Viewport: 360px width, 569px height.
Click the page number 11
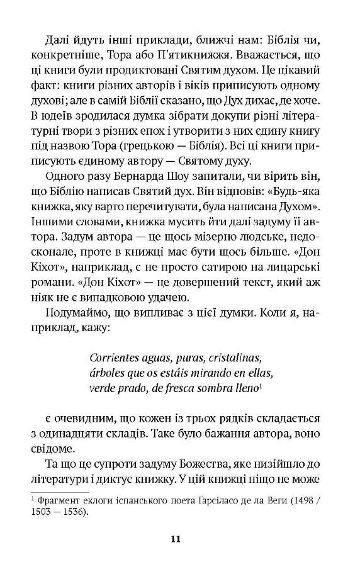(180, 538)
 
